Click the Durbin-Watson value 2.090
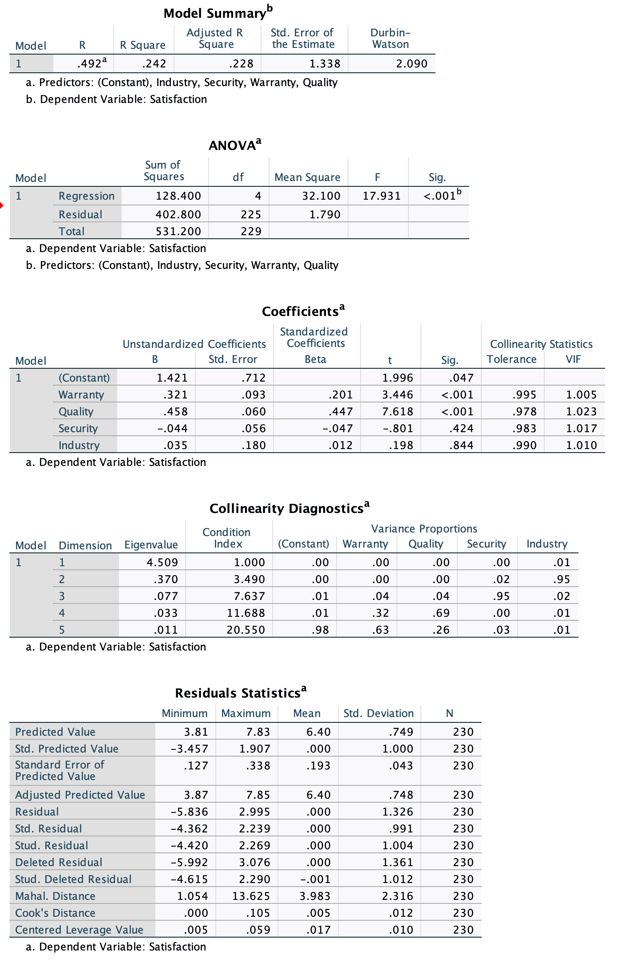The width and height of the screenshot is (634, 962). (x=411, y=63)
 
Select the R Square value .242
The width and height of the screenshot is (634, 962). (x=154, y=63)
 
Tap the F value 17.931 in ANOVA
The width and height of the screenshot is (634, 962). (x=381, y=196)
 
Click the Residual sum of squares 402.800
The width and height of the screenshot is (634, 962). (x=178, y=214)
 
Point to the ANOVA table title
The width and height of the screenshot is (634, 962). (x=234, y=145)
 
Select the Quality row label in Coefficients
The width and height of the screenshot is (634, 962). (x=76, y=411)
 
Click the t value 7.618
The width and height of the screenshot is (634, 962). (x=397, y=411)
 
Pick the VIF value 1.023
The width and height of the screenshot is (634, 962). (x=581, y=411)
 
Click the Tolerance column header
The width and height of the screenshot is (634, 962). (x=511, y=359)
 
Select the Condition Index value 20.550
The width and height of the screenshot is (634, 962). (x=246, y=630)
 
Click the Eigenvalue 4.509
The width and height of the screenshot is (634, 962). (x=162, y=562)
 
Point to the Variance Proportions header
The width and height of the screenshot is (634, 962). (x=424, y=528)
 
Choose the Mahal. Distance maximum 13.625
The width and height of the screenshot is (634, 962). (x=251, y=896)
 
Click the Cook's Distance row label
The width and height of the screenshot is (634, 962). (x=55, y=913)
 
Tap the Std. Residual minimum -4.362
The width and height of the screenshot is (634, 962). (x=189, y=828)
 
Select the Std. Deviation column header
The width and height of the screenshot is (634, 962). (x=378, y=713)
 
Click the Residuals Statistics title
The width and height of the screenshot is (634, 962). (x=240, y=693)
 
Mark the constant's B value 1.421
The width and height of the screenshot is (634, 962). (x=172, y=378)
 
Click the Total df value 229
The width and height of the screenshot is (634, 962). (x=251, y=231)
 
